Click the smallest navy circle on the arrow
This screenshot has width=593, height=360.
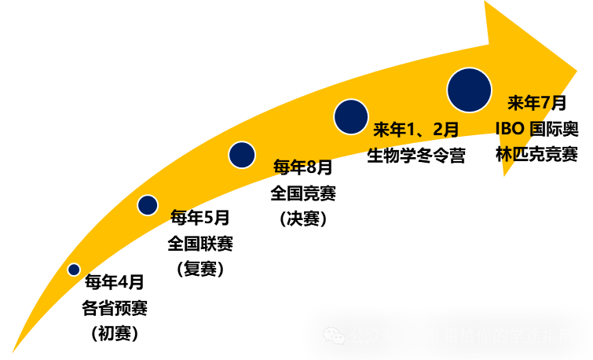(74, 270)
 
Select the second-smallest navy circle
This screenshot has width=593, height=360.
(148, 205)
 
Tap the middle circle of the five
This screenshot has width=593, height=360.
(242, 155)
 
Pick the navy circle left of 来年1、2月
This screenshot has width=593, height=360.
(351, 116)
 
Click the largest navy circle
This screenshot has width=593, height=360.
(469, 90)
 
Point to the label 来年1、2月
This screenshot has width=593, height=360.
(415, 130)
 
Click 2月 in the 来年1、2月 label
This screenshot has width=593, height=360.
(445, 130)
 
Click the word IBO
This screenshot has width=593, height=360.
(510, 129)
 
